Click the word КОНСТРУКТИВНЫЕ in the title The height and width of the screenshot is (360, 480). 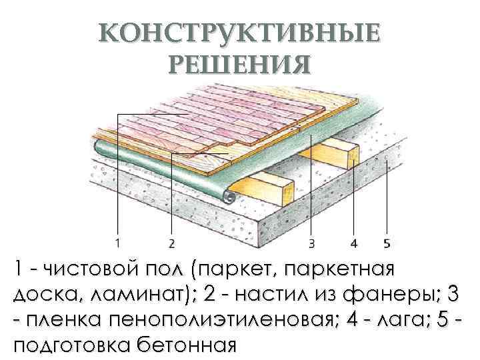[x=240, y=33]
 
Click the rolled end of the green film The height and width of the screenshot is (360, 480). [x=229, y=197]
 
